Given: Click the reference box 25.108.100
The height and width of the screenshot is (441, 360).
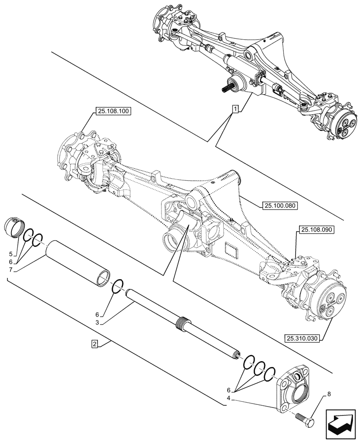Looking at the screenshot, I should point(112,112).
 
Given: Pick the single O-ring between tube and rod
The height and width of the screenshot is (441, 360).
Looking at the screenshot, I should point(118,286).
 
